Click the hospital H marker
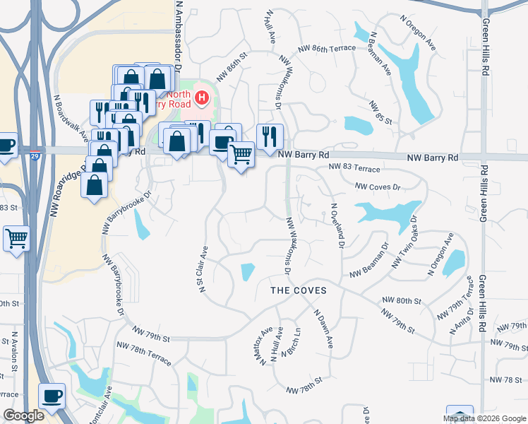click(x=203, y=98)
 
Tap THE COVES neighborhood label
click(x=299, y=290)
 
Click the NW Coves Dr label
click(x=378, y=187)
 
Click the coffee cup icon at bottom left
click(x=51, y=395)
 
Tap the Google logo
click(x=23, y=416)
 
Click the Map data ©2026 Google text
click(x=484, y=418)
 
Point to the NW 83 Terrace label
click(x=354, y=170)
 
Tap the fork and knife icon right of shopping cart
click(x=270, y=136)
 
